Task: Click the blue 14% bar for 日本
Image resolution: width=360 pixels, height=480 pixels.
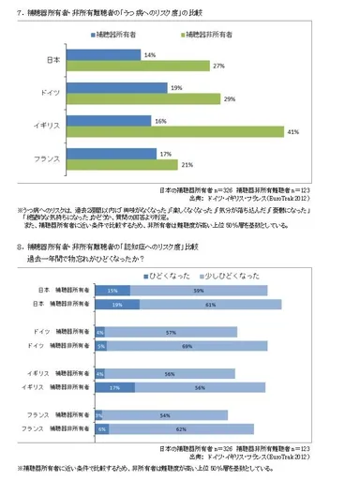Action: coord(102,55)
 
